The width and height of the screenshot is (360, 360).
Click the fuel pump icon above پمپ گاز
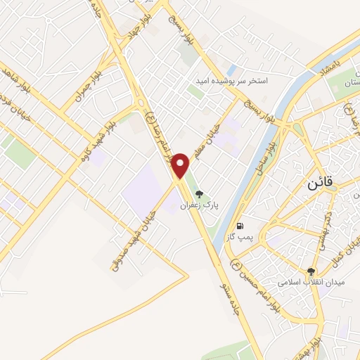[241, 226]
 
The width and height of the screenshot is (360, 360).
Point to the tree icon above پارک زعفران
[200, 195]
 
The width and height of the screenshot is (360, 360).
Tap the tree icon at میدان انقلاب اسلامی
[311, 270]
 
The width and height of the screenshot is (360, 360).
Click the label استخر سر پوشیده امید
[231, 82]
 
